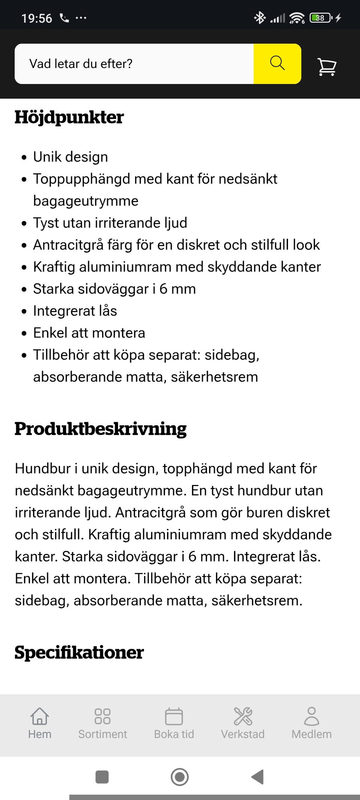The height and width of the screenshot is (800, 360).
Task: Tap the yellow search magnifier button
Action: pos(277,63)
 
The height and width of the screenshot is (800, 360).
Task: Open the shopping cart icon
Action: pos(327,67)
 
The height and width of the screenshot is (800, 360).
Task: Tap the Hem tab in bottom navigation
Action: pos(40,723)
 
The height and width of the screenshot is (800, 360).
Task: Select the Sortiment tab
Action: pos(102,723)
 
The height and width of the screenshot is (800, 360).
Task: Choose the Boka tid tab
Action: pos(174,723)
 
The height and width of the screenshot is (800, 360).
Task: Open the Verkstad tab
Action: pos(243,723)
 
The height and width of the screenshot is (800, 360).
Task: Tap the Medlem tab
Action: pos(312,723)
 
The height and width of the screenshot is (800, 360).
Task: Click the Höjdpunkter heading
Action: pos(69,117)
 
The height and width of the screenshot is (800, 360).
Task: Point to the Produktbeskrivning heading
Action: pos(100,429)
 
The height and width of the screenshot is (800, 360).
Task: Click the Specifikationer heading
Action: pos(79,652)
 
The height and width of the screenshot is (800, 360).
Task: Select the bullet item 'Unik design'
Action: pos(70,157)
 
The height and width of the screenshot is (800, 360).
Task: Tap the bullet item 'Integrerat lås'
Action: pos(75,311)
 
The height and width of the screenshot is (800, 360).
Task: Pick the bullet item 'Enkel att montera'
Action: pos(89,333)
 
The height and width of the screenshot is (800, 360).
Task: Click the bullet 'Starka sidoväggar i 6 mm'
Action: pos(114,289)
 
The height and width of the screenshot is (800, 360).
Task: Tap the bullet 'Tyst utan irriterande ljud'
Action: pos(110,223)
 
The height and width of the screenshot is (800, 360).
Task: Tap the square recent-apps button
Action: pos(102,777)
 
